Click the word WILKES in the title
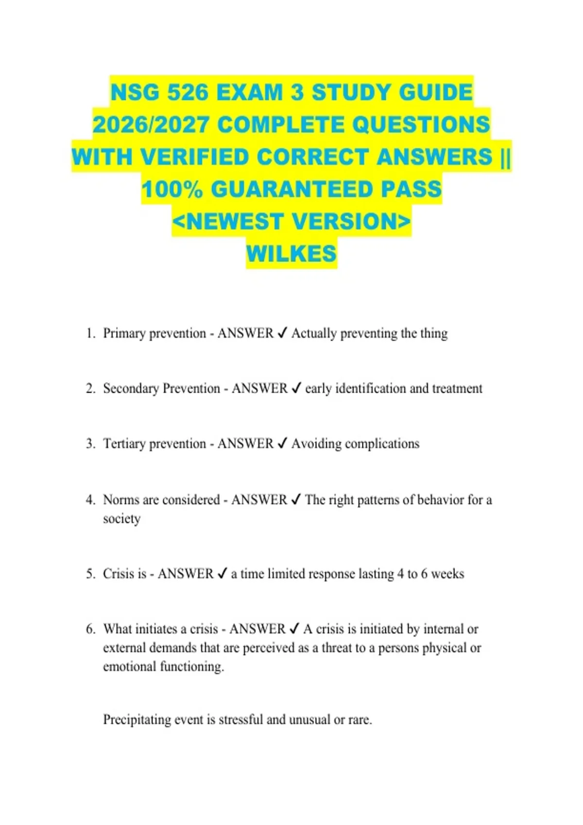pyautogui.click(x=291, y=253)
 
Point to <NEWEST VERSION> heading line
pyautogui.click(x=291, y=221)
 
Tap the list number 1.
pyautogui.click(x=89, y=333)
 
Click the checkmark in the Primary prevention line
pyautogui.click(x=282, y=333)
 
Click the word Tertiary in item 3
pyautogui.click(x=124, y=444)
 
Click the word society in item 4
pyautogui.click(x=121, y=519)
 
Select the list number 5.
pyautogui.click(x=90, y=574)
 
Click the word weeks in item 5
pyautogui.click(x=447, y=574)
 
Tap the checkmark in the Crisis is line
pyautogui.click(x=222, y=574)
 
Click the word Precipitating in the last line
pyautogui.click(x=137, y=719)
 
